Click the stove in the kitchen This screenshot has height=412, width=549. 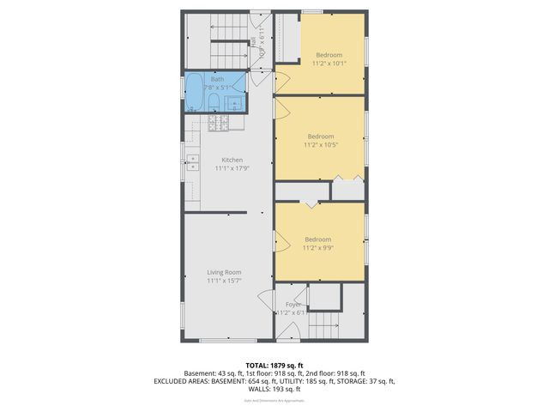click(x=216, y=124)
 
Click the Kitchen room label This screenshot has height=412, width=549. click(x=232, y=160)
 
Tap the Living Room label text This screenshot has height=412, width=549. click(x=224, y=272)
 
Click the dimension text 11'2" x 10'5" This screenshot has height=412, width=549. click(x=320, y=145)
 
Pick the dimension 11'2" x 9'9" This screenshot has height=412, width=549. click(x=317, y=247)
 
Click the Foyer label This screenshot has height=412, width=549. click(x=293, y=304)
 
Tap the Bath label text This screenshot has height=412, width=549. click(x=218, y=79)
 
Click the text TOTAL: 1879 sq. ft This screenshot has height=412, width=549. click(x=274, y=365)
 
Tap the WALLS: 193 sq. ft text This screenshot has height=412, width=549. click(x=274, y=389)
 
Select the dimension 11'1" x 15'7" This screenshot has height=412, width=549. click(x=224, y=281)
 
